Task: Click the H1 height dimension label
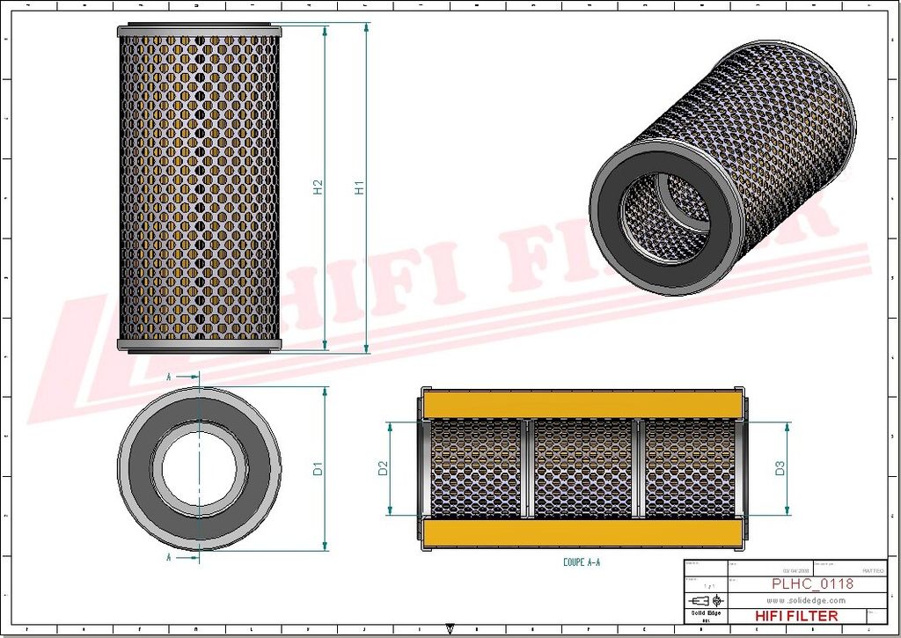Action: tap(359, 187)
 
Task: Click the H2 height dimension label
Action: tap(318, 187)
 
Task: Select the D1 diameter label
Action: tap(319, 468)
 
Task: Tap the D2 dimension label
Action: tap(383, 468)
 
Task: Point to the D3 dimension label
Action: tap(780, 468)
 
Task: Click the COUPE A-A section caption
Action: tap(582, 561)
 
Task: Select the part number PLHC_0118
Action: tap(812, 583)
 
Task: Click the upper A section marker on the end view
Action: tap(168, 376)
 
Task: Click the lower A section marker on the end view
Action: tap(168, 557)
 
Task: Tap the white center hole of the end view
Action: tap(200, 468)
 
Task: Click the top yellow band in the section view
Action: tap(582, 404)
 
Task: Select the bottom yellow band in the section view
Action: tap(582, 532)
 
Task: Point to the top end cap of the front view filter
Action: tap(200, 31)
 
